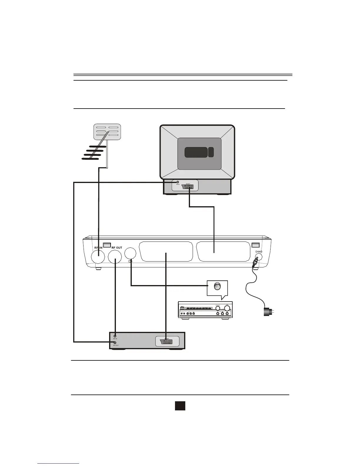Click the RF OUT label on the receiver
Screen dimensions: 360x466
pyautogui.click(x=117, y=248)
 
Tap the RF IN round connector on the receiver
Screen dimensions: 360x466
pyautogui.click(x=98, y=257)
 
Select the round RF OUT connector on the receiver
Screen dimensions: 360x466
pyautogui.click(x=115, y=257)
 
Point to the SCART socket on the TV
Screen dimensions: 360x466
pyautogui.click(x=188, y=187)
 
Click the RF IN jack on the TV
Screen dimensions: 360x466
pyautogui.click(x=178, y=182)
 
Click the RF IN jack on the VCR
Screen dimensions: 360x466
pyautogui.click(x=115, y=336)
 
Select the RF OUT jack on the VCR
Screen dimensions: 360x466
pyautogui.click(x=115, y=342)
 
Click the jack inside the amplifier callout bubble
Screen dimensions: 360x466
pyautogui.click(x=217, y=286)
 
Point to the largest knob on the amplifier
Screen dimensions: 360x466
pyautogui.click(x=227, y=308)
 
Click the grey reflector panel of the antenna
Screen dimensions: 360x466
pyautogui.click(x=107, y=132)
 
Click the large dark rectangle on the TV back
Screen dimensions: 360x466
pyautogui.click(x=196, y=152)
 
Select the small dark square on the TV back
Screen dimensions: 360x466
pyautogui.click(x=211, y=152)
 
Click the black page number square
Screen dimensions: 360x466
pyautogui.click(x=180, y=406)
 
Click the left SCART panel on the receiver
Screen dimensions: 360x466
pyautogui.click(x=166, y=251)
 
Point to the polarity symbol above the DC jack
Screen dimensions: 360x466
pyautogui.click(x=259, y=252)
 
